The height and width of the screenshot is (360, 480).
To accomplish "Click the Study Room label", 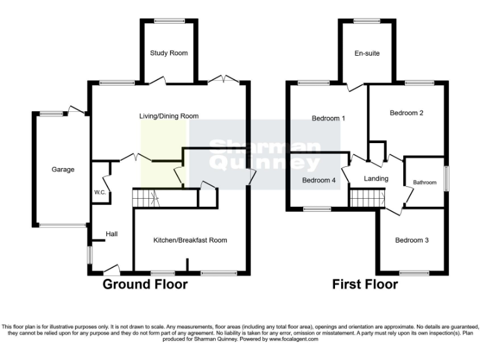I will pos(169,53).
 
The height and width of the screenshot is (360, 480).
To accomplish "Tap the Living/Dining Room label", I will pos(169,116).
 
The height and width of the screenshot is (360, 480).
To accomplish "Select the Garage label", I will pos(62,169).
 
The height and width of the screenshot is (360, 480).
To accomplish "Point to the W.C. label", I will pos(99,192).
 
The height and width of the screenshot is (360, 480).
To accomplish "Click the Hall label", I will pos(111,234).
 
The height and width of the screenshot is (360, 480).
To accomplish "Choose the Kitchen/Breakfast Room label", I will pos(190,240).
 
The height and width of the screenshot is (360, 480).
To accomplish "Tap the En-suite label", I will pos(367,54).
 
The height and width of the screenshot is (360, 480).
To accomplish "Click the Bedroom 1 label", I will pos(328,118).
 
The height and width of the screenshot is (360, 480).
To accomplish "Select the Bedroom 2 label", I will pos(407,113).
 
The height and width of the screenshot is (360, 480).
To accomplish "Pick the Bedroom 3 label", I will pos(412,240).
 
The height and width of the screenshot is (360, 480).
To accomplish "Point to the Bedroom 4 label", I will pos(319,181).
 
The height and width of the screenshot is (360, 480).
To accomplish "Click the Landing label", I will pos(376,179).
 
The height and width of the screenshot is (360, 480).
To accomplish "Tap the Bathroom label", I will pos(424,182).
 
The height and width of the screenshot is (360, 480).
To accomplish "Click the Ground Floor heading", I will pos(145,285).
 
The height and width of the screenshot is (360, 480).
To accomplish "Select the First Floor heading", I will pos(366,285).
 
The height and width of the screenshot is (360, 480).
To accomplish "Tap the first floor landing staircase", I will pos(362,199).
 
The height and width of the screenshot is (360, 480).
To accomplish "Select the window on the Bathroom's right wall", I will pos(446,177).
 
